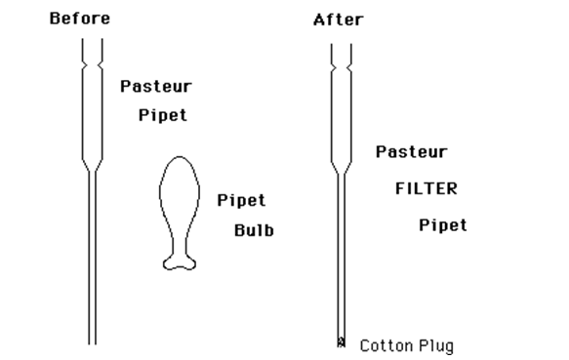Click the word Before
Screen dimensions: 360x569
coord(80,19)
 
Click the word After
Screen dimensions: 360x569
coord(339,20)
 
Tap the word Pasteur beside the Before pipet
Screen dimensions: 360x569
coord(156,86)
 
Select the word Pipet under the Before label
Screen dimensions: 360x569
coord(162,115)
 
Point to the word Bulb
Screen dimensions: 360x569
coord(254,231)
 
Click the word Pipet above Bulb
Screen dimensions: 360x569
coord(241,201)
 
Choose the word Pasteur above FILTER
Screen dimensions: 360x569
coord(412,152)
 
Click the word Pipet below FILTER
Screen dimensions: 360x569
coord(443,225)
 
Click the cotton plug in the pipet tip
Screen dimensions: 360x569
coord(341,341)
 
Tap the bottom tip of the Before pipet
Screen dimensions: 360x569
coord(93,341)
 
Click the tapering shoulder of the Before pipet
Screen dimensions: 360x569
coord(93,166)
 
